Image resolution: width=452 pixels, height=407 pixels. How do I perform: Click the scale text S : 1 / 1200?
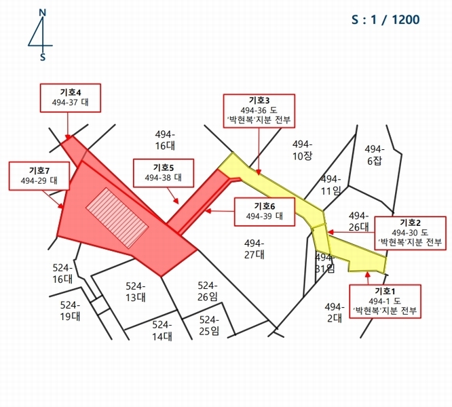[x=385, y=20]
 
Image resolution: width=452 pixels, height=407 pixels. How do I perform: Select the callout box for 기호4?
[x=70, y=98]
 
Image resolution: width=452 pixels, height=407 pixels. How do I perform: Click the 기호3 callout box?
[x=259, y=109]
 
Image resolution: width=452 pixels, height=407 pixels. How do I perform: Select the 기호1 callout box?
[x=385, y=301]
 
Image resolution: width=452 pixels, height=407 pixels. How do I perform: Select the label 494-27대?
[x=255, y=248]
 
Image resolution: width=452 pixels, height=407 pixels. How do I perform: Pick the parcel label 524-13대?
[x=136, y=291]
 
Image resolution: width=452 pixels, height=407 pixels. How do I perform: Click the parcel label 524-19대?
[x=70, y=310]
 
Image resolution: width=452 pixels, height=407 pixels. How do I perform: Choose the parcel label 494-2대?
[x=334, y=311]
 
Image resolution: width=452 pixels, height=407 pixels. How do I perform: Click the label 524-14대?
[x=162, y=330]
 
